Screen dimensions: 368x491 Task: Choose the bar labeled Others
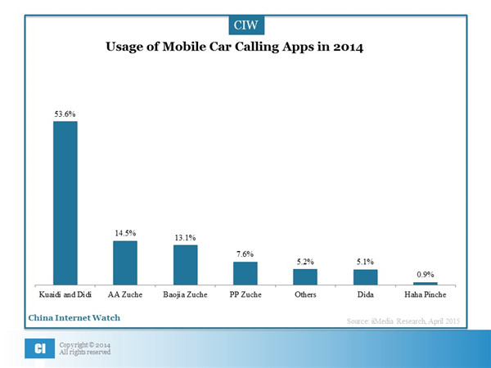coord(305,277)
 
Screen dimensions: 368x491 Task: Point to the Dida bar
coord(365,277)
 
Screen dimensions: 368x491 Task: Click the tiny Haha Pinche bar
coord(426,283)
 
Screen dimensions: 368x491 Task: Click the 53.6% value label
coord(65,114)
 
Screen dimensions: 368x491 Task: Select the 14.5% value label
coord(125,233)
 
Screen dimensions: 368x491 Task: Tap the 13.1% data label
coord(185,237)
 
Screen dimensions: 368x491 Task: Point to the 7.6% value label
coord(245,254)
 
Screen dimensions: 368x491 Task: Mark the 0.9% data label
coord(426,275)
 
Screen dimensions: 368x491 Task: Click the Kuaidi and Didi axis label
coord(65,294)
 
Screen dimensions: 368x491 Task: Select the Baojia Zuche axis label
coord(185,294)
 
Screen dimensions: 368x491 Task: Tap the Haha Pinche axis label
coord(426,294)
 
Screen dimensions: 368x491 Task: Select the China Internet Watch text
coord(74,316)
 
